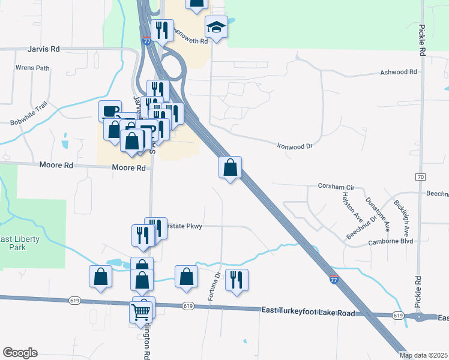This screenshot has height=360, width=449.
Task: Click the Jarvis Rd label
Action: pyautogui.click(x=43, y=49)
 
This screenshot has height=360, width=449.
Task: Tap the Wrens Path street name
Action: pyautogui.click(x=32, y=68)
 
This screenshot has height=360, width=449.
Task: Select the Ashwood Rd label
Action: pyautogui.click(x=399, y=72)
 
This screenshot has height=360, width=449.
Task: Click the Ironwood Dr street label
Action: pyautogui.click(x=295, y=146)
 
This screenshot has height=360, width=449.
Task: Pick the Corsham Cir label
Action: pyautogui.click(x=336, y=187)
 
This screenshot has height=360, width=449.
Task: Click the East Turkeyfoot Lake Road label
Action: pyautogui.click(x=309, y=310)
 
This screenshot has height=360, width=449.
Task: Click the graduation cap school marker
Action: pyautogui.click(x=215, y=26)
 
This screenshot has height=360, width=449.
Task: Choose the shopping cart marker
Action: pyautogui.click(x=140, y=311)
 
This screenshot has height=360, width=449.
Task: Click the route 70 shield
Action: pyautogui.click(x=421, y=177)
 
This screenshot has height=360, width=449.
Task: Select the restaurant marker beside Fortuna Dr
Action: pyautogui.click(x=237, y=280)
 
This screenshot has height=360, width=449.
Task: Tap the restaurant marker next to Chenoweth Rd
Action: pyautogui.click(x=162, y=30)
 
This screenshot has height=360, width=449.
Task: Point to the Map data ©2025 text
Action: pyautogui.click(x=424, y=355)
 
